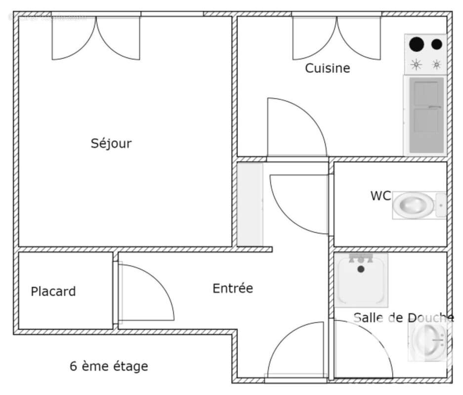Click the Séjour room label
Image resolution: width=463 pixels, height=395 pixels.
click(111, 143)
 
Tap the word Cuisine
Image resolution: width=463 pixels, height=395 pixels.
click(327, 68)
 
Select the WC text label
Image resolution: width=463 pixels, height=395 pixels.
click(380, 196)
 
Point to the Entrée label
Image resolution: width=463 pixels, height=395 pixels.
click(233, 288)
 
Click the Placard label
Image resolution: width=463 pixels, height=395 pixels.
click(53, 291)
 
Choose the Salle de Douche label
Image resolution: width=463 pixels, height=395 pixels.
click(403, 317)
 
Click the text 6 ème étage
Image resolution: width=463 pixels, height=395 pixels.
click(109, 366)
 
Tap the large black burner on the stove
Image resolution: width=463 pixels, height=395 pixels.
click(417, 44)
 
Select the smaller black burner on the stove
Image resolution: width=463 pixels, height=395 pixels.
click(437, 44)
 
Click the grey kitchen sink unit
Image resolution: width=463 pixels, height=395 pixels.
click(425, 115)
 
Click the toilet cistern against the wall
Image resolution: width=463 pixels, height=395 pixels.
click(441, 205)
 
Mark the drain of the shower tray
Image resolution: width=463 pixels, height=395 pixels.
click(361, 269)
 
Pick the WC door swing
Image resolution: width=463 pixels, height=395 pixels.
click(299, 202)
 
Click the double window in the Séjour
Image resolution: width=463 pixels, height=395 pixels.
click(96, 37)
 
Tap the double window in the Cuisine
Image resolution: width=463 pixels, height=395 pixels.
click(337, 37)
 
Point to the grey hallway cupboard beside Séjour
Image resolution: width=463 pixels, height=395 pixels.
click(250, 204)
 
